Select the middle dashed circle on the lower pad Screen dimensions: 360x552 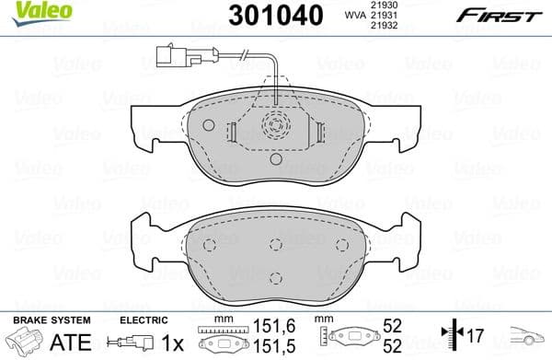[275, 244]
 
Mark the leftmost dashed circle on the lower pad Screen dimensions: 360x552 [209, 244]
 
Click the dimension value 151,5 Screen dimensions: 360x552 [266, 346]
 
